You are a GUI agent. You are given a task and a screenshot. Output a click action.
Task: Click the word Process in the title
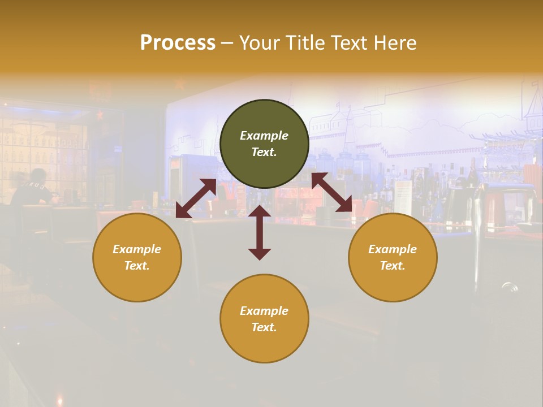click(x=178, y=42)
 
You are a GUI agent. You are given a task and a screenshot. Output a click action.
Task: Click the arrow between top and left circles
click(x=196, y=198)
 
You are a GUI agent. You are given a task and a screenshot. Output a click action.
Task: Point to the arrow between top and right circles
click(x=331, y=192)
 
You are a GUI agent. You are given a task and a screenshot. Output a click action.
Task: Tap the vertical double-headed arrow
click(x=260, y=232)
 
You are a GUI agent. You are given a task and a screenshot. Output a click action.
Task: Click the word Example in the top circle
click(x=264, y=136)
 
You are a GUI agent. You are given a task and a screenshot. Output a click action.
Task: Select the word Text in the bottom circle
click(x=264, y=327)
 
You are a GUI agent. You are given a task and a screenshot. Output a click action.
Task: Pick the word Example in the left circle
click(x=137, y=249)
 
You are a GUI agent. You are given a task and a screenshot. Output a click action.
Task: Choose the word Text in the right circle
click(x=393, y=266)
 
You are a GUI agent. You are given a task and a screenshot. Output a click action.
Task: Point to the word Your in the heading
click(x=257, y=42)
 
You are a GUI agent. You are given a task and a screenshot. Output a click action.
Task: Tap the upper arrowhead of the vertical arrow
click(x=260, y=211)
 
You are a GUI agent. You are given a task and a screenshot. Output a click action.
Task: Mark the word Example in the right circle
click(x=393, y=249)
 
